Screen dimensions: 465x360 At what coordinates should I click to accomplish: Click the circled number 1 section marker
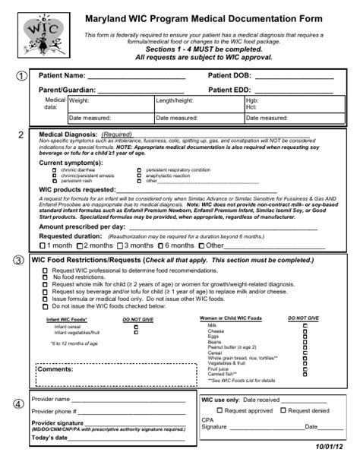point(21,77)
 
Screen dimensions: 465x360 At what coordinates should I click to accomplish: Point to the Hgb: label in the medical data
point(252,100)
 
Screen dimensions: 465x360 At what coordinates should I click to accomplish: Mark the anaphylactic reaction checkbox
point(139,176)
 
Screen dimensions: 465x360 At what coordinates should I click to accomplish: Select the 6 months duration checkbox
point(160,246)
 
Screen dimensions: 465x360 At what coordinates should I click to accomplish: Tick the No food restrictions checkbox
point(47,277)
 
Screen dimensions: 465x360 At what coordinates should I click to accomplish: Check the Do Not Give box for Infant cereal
point(136,327)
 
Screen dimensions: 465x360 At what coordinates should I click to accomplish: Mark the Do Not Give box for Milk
point(305,325)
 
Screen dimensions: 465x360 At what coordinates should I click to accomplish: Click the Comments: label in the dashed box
point(55,369)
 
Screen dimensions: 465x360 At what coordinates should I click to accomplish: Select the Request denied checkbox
point(283,410)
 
